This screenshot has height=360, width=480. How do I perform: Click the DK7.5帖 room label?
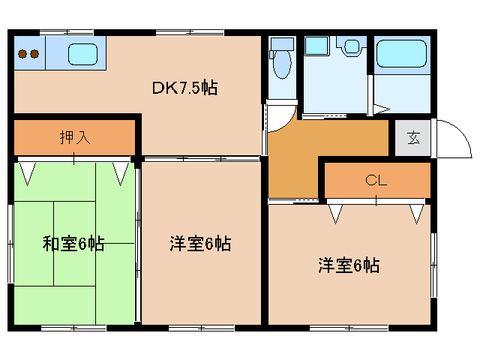(185, 88)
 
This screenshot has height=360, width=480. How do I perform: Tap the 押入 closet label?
(75, 137)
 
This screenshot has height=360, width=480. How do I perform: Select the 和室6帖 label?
(73, 243)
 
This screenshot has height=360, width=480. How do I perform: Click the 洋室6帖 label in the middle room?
(199, 243)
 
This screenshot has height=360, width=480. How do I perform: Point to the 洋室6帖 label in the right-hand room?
(348, 265)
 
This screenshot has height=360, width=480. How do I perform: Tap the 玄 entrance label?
(413, 137)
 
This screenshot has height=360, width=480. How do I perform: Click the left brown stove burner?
(22, 53)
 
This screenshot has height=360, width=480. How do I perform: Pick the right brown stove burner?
(34, 53)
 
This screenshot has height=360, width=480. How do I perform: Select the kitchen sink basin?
(83, 54)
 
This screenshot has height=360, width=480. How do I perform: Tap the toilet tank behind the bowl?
(282, 43)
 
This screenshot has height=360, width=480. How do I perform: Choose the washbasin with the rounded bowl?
(350, 47)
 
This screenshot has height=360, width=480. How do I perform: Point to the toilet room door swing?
(279, 115)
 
